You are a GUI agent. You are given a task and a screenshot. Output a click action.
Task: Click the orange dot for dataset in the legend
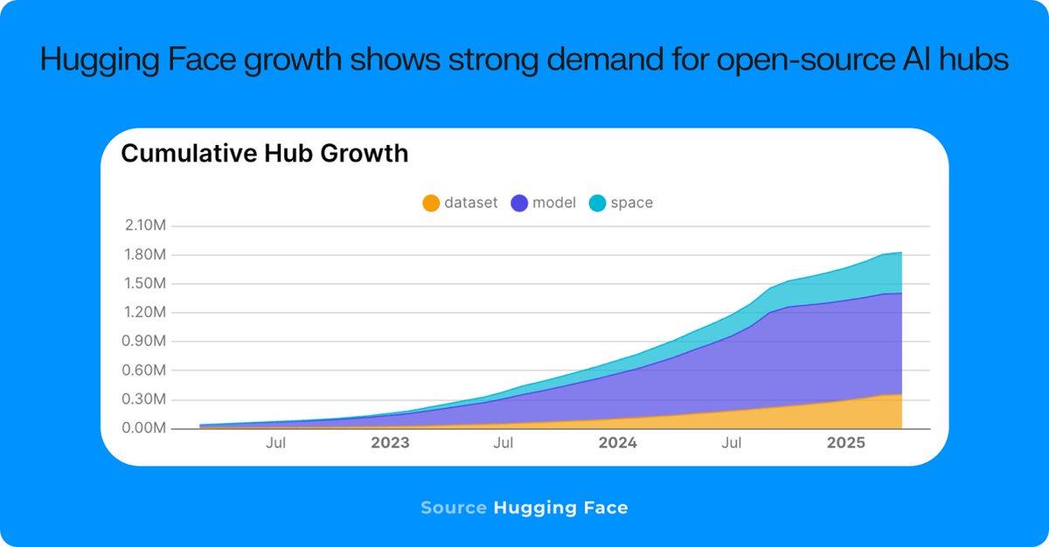tap(431, 203)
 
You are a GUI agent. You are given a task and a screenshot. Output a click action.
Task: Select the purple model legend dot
tap(519, 203)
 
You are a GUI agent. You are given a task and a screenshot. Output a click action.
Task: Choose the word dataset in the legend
tap(470, 203)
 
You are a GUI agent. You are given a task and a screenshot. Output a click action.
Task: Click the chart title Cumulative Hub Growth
tap(264, 154)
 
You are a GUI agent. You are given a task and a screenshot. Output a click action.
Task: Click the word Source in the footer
tap(453, 508)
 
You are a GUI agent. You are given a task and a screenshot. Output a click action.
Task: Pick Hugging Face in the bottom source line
tap(560, 508)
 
